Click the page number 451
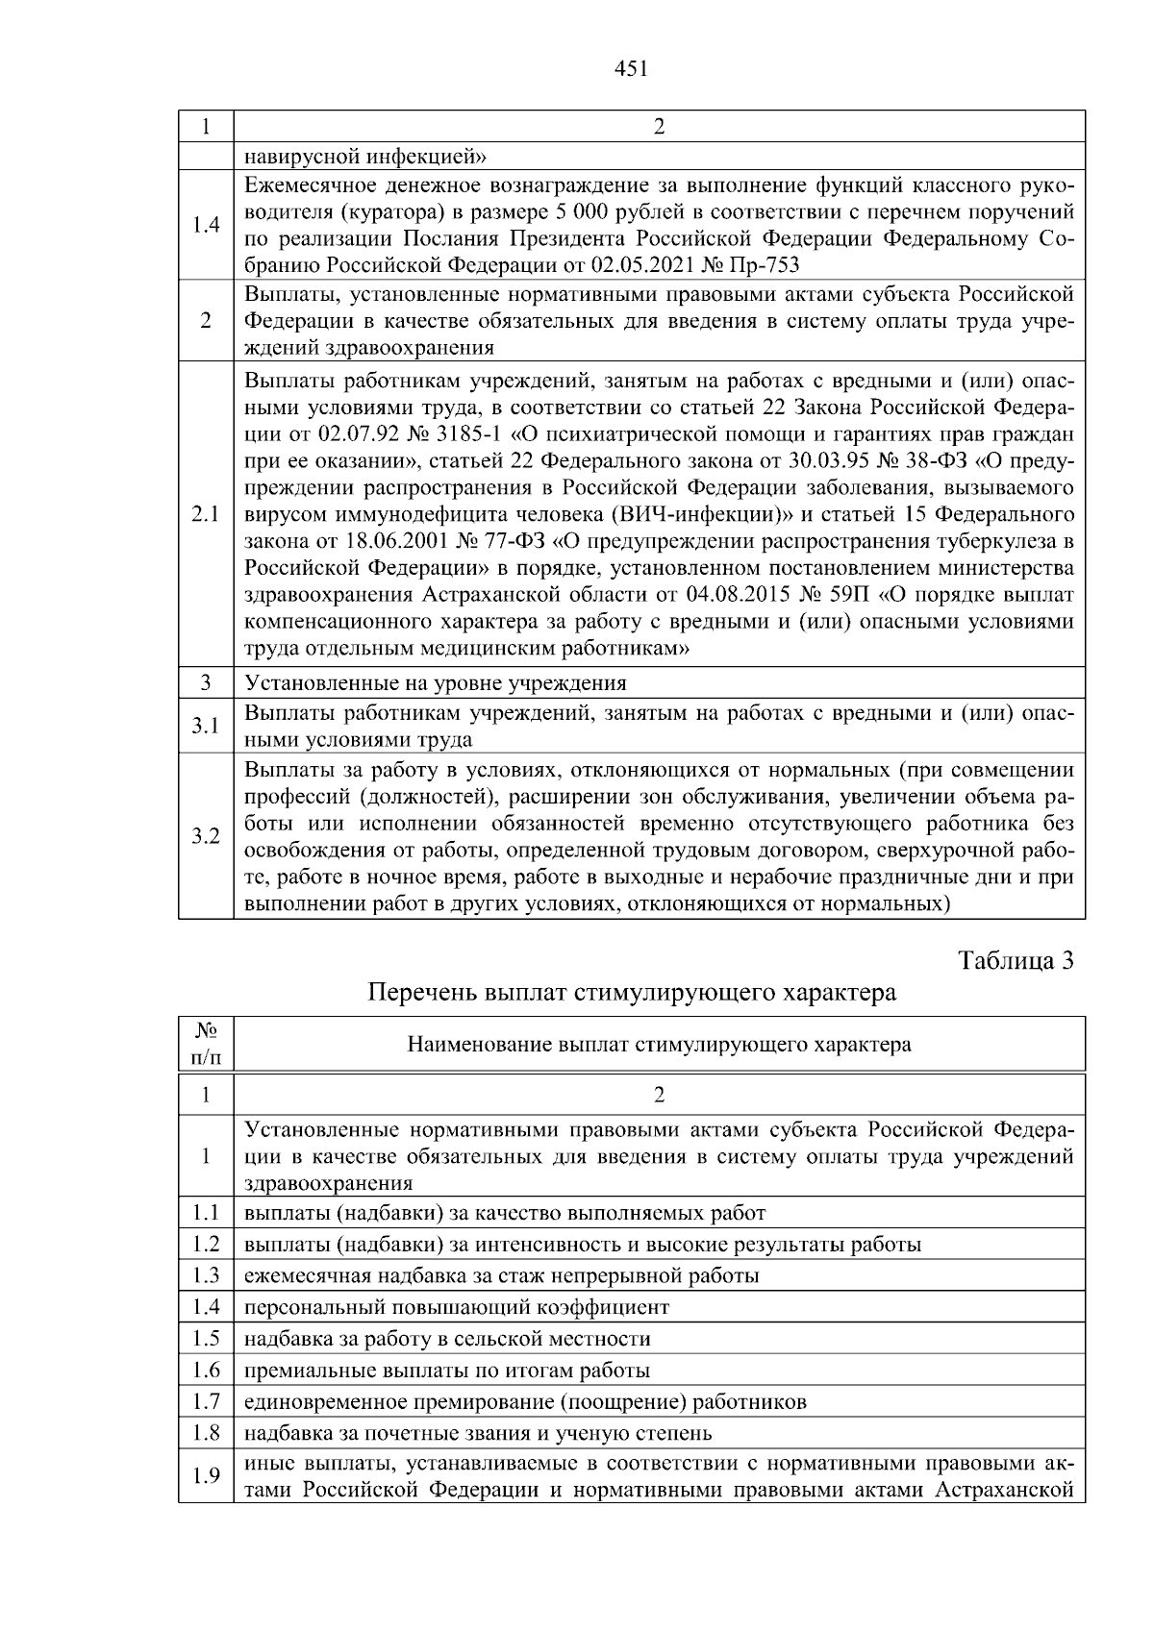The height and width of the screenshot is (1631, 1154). click(631, 68)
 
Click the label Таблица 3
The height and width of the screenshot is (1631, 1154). click(1016, 960)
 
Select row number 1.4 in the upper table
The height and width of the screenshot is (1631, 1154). click(206, 225)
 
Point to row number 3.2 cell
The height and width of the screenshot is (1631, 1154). click(206, 835)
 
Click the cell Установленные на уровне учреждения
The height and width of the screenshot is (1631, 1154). click(436, 683)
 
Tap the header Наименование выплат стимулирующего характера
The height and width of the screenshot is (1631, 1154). click(660, 1044)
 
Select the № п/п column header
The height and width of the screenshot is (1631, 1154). click(206, 1044)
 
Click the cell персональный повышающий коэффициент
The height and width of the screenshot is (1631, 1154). click(457, 1307)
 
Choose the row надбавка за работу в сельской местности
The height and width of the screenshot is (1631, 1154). click(447, 1339)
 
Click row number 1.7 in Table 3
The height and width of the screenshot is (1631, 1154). click(206, 1401)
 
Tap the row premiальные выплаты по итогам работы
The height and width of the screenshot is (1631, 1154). click(447, 1371)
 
